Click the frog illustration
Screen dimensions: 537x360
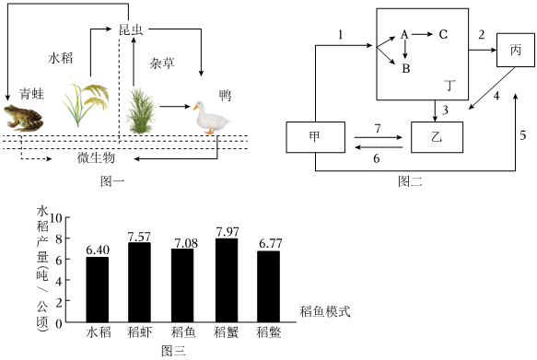(x=23, y=118)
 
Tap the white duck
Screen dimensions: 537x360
(x=211, y=117)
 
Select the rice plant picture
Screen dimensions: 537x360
(x=86, y=102)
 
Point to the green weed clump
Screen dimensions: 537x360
(x=141, y=110)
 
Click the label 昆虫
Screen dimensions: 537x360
(x=131, y=30)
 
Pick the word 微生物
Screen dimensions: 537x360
(x=96, y=158)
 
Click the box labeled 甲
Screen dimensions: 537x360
(x=315, y=137)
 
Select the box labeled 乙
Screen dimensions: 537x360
(x=437, y=137)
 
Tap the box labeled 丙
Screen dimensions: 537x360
(x=516, y=50)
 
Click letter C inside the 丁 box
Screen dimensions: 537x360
(x=443, y=34)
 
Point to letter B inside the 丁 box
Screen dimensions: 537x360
(x=406, y=68)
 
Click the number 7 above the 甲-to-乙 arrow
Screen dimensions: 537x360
(x=378, y=129)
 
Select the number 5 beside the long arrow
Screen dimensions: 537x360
(x=522, y=135)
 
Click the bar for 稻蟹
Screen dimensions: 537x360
(x=227, y=280)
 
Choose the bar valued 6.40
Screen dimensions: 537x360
(x=98, y=289)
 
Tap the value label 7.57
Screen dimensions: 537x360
(x=139, y=237)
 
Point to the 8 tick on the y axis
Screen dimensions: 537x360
(x=59, y=238)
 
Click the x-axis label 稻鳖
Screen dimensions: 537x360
(x=269, y=332)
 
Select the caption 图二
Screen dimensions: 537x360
(x=410, y=181)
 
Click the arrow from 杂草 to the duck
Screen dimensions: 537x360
(x=175, y=107)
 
